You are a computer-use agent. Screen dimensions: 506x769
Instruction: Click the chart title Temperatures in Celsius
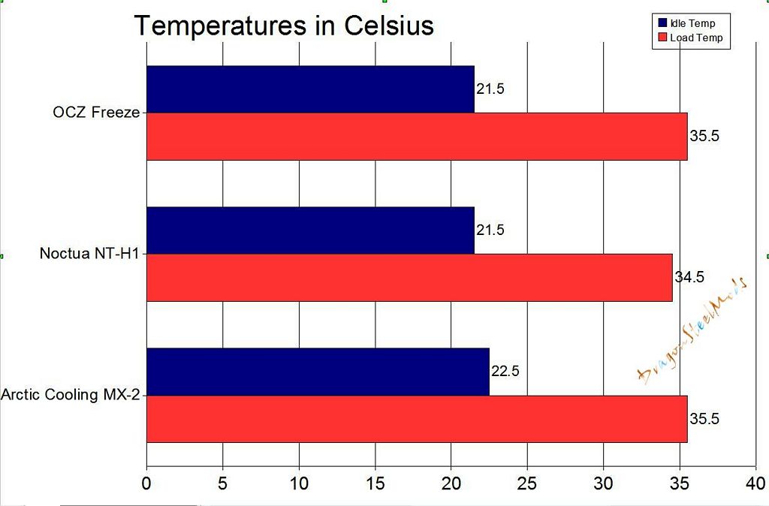(x=284, y=26)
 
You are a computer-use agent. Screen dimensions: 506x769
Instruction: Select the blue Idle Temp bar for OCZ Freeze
(x=310, y=89)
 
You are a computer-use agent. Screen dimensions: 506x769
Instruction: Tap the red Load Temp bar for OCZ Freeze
(x=417, y=137)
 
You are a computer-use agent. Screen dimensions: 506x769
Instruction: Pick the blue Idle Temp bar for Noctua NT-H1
(x=310, y=230)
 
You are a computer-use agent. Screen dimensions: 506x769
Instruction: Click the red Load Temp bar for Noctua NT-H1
(x=409, y=278)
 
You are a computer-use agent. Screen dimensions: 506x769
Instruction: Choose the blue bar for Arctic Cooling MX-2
(x=318, y=372)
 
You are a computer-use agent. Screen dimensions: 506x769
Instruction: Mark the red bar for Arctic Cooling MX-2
(x=417, y=419)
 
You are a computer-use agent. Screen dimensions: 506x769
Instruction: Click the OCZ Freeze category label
(x=96, y=113)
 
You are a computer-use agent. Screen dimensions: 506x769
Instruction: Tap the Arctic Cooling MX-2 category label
(x=71, y=395)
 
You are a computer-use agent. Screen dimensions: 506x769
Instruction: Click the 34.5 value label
(x=689, y=278)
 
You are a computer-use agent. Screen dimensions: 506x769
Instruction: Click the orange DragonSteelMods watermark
(x=691, y=330)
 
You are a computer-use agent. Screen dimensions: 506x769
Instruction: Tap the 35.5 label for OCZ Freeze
(x=704, y=137)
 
